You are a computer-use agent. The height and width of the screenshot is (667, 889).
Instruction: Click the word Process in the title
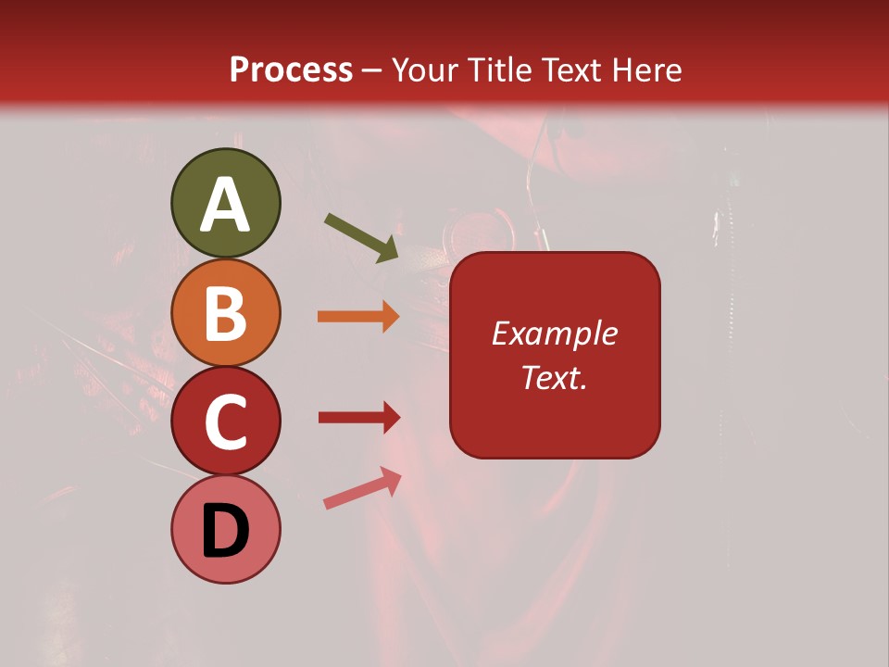click(291, 70)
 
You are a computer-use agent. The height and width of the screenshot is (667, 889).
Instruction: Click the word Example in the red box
click(554, 333)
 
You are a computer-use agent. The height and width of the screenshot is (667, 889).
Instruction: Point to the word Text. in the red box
click(554, 377)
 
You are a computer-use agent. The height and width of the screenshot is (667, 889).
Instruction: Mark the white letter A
click(226, 205)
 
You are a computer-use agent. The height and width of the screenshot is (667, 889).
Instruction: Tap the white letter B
click(226, 313)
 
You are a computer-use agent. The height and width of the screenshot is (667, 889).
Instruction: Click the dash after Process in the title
click(372, 71)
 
